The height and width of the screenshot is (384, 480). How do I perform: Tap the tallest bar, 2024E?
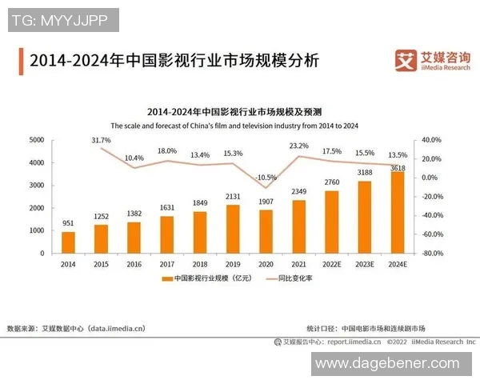[x=398, y=212]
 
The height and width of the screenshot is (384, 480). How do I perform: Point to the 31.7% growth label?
[x=101, y=140]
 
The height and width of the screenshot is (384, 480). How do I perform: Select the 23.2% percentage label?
[x=298, y=146]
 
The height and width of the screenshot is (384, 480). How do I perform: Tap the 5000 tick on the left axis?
[x=37, y=140]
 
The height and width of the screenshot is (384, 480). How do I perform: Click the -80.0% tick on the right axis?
[x=433, y=254]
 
